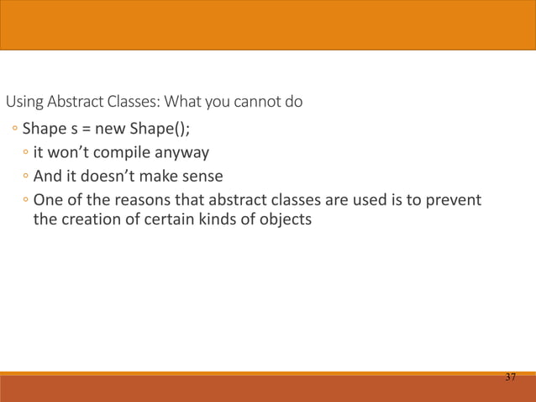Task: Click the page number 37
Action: coord(510,377)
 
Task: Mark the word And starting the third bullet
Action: coord(47,177)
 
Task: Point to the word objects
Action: coord(283,220)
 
